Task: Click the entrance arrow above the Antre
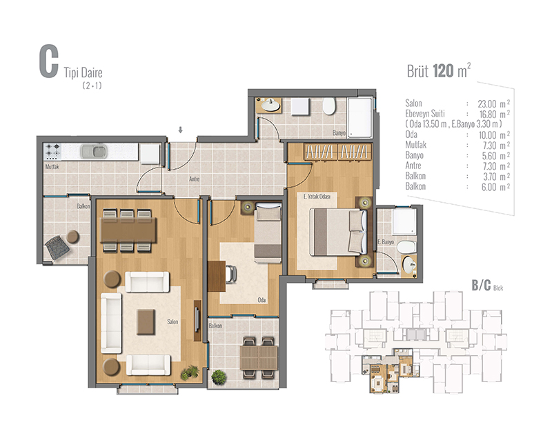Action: (x=180, y=130)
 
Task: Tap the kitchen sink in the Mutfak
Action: (x=94, y=152)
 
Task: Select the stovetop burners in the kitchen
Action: (x=52, y=151)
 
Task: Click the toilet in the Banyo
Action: (x=329, y=106)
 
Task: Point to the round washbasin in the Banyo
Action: (x=270, y=104)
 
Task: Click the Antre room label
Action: (x=195, y=179)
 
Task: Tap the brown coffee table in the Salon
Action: (x=146, y=322)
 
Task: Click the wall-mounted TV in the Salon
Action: (x=197, y=320)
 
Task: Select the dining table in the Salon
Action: (x=128, y=230)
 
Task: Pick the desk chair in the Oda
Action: (x=231, y=274)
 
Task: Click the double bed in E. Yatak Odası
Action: (x=338, y=232)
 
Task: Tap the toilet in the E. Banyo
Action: (x=406, y=247)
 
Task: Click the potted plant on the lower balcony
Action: (x=219, y=377)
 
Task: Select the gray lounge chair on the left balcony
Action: (x=57, y=248)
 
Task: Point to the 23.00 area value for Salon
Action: (x=487, y=104)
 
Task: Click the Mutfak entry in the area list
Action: (x=416, y=145)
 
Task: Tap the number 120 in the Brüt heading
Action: (x=443, y=71)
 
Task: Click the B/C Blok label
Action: (x=488, y=286)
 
